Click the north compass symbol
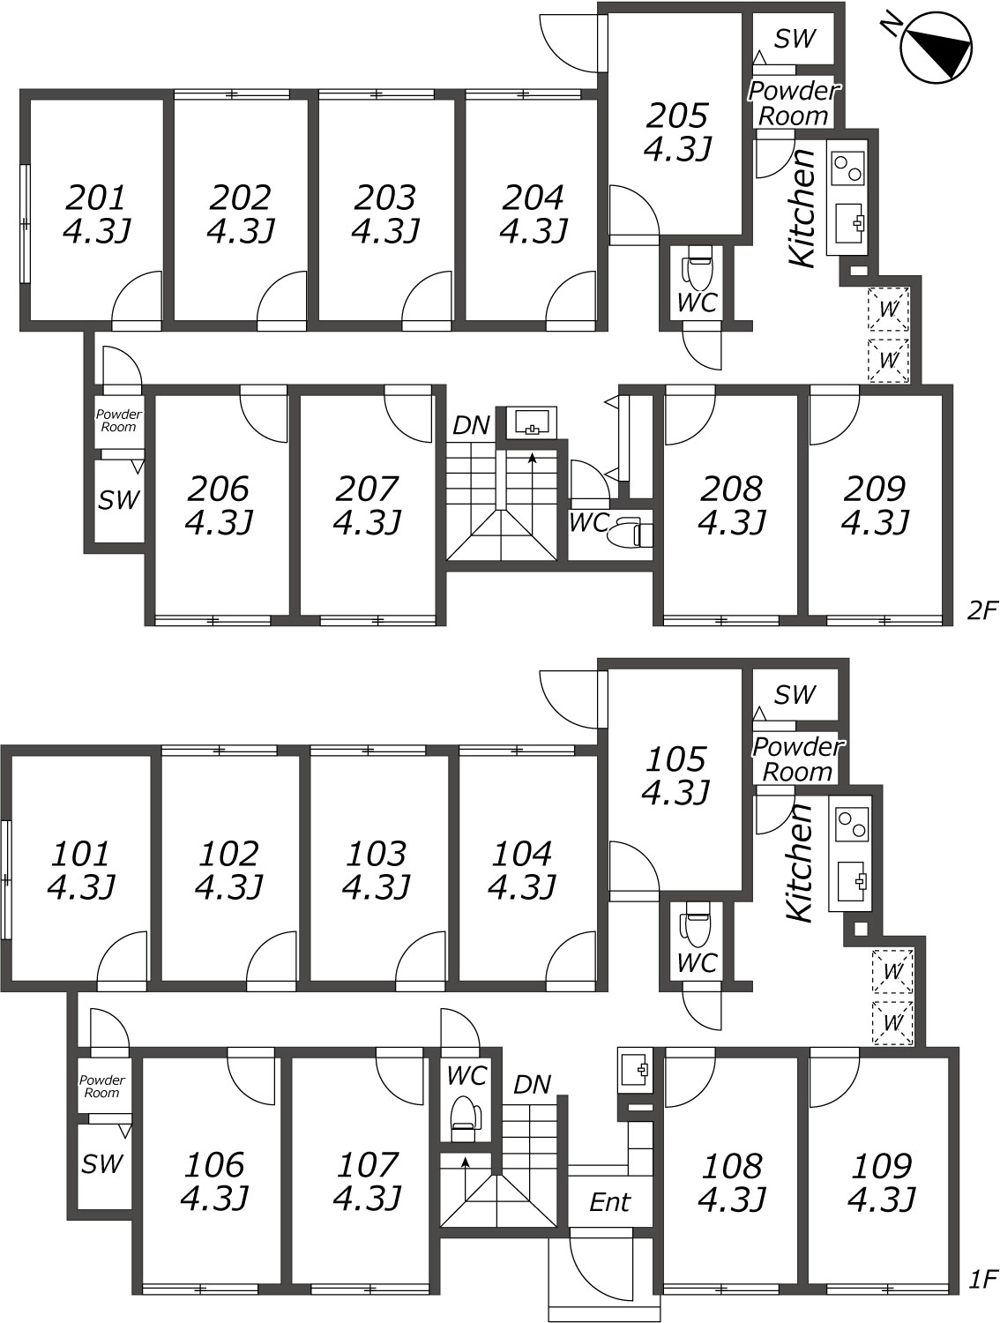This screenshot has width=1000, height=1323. [x=937, y=47]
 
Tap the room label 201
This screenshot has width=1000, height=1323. [x=96, y=197]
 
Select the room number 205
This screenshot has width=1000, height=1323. [x=676, y=116]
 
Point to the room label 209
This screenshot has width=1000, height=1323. [x=874, y=489]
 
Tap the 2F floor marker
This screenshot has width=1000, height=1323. [x=982, y=611]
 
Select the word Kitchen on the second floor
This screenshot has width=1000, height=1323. [x=803, y=207]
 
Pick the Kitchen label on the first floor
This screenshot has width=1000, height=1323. [x=801, y=863]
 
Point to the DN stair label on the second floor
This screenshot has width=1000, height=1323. [x=471, y=426]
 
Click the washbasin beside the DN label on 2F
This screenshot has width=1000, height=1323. [x=531, y=422]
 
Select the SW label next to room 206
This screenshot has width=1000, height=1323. [x=119, y=500]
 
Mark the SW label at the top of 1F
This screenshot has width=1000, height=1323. [x=795, y=694]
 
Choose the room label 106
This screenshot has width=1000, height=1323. [x=214, y=1164]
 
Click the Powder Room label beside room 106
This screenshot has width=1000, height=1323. [x=101, y=1086]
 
